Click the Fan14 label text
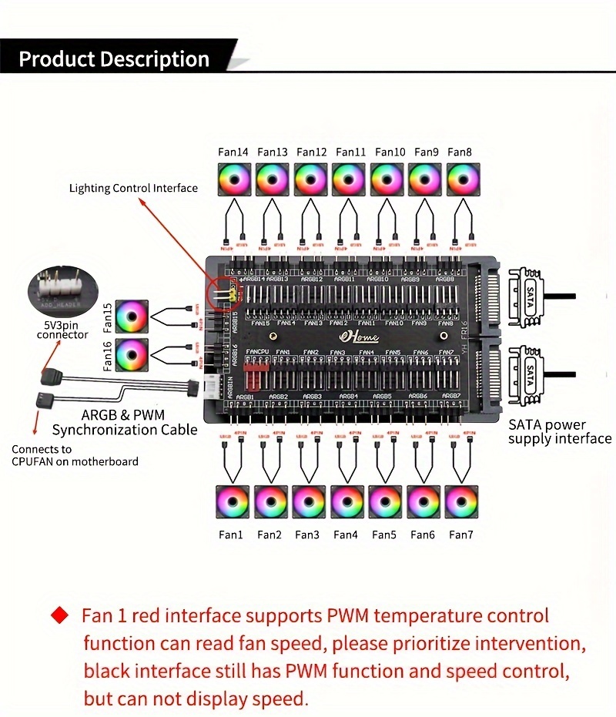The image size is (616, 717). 233,152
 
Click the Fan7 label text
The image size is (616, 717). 460,534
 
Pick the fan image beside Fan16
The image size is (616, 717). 132,355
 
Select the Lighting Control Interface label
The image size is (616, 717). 133,188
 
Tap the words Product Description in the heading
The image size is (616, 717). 114,59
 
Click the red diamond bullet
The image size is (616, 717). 59,616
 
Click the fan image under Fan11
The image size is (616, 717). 349,180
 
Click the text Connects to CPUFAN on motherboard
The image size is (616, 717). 75,455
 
